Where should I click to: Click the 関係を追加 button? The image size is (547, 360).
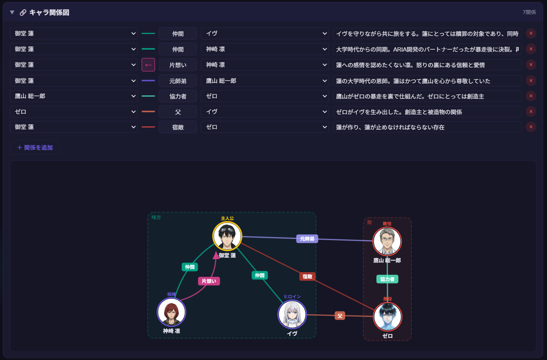(35, 148)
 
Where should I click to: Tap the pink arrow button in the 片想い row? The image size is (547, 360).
(148, 65)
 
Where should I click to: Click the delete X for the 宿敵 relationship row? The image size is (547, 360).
(531, 127)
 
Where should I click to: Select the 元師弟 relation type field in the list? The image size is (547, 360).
(178, 81)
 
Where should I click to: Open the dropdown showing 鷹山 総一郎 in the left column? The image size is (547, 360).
(74, 96)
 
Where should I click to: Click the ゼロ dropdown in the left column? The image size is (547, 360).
(74, 112)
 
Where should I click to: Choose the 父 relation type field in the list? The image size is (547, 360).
(178, 112)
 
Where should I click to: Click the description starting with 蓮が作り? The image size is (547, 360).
(427, 127)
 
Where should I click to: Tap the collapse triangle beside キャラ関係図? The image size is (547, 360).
(12, 13)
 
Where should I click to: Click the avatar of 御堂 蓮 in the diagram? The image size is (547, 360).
(227, 236)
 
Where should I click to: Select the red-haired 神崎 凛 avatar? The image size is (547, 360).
(171, 312)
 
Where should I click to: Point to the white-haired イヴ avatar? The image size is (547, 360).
(292, 315)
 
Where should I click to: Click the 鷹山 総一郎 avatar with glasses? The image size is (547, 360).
(387, 241)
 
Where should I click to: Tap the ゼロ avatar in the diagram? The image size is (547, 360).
(387, 317)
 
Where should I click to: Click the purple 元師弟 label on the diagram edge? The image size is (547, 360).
(307, 239)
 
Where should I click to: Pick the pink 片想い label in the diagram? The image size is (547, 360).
(209, 281)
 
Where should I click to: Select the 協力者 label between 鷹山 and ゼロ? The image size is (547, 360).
(387, 279)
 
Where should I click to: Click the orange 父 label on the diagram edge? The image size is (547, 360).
(340, 316)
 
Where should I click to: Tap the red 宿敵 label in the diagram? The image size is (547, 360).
(307, 276)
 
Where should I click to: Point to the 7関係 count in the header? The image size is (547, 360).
(529, 13)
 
